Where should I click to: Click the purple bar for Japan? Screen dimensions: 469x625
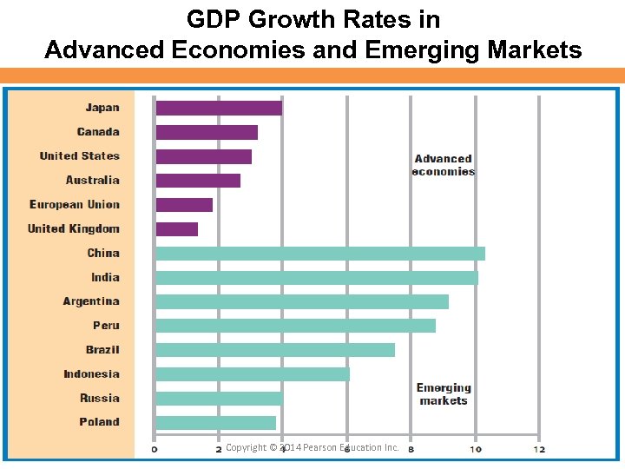click(219, 108)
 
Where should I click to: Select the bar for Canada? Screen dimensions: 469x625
click(207, 132)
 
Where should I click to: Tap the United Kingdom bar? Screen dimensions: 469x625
click(177, 228)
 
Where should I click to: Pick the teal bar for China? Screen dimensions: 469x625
click(319, 253)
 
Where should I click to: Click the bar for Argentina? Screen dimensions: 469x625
click(302, 301)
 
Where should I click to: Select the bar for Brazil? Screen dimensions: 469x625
click(275, 349)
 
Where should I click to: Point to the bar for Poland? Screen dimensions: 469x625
click(215, 422)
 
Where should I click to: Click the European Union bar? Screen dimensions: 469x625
click(184, 204)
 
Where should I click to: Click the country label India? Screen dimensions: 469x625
click(105, 277)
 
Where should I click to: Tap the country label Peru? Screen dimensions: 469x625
click(106, 326)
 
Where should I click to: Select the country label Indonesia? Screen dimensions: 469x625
click(91, 373)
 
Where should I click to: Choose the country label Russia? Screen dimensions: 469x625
click(100, 398)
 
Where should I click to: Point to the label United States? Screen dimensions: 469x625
click(79, 156)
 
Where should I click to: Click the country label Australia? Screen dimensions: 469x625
click(92, 180)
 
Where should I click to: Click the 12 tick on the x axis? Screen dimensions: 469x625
click(539, 448)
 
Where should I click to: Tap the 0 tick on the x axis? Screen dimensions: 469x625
click(155, 448)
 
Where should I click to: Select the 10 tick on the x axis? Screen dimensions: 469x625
click(476, 448)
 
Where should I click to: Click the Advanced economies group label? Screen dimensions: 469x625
click(443, 165)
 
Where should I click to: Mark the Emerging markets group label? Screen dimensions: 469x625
click(443, 393)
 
